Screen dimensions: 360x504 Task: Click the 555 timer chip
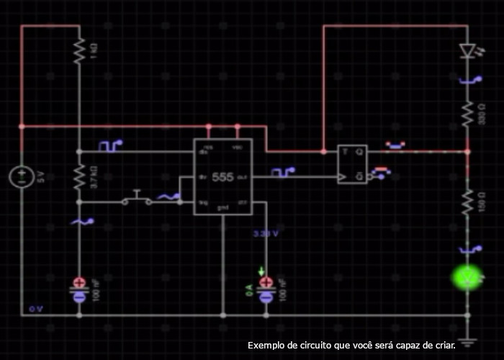pyautogui.click(x=222, y=176)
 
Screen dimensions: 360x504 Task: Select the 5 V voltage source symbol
pyautogui.click(x=22, y=176)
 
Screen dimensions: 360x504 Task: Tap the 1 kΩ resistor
pyautogui.click(x=79, y=50)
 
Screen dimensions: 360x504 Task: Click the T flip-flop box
pyautogui.click(x=352, y=164)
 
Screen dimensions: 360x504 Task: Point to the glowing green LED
pyautogui.click(x=467, y=277)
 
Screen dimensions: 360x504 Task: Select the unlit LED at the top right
pyautogui.click(x=467, y=50)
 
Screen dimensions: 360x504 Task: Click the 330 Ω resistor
pyautogui.click(x=467, y=113)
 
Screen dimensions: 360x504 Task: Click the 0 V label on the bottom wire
pyautogui.click(x=36, y=309)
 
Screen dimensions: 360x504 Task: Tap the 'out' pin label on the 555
pyautogui.click(x=243, y=176)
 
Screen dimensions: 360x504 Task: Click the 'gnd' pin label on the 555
pyautogui.click(x=223, y=207)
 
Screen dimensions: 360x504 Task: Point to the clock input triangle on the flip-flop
pyautogui.click(x=343, y=176)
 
